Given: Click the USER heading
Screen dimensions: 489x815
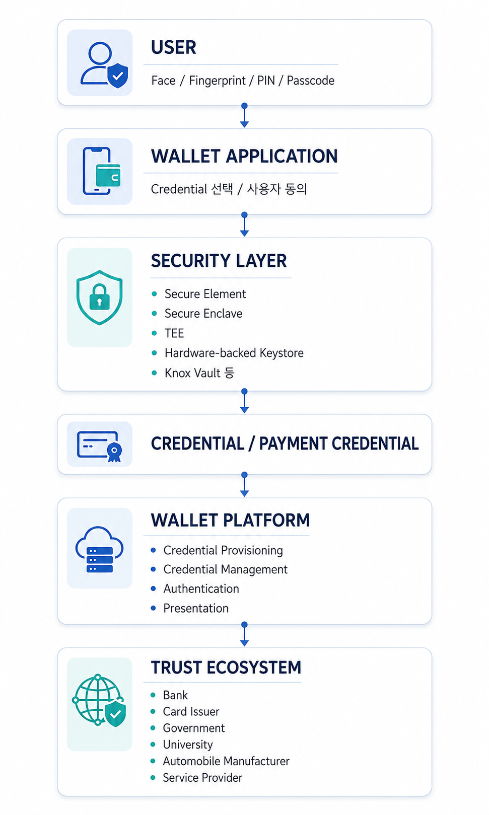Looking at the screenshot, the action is [174, 47].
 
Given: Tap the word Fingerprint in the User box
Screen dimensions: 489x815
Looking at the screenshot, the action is [217, 81].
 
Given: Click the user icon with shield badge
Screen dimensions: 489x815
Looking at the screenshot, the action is [104, 65].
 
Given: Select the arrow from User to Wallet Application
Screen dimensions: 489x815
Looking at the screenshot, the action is [244, 115].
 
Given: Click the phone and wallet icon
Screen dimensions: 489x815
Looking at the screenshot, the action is [102, 171].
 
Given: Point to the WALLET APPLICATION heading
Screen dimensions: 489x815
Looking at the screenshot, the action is [244, 156].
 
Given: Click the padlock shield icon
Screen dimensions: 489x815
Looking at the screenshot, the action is [99, 298].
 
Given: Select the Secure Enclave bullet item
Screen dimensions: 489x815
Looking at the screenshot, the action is [203, 313].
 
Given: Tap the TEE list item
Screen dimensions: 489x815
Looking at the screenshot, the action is [174, 333].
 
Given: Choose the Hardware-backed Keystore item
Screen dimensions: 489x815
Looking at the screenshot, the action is [234, 352].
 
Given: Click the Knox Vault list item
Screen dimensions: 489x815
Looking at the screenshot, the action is [199, 373].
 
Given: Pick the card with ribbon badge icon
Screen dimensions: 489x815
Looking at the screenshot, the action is [99, 446].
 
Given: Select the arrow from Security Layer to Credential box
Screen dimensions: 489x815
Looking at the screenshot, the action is [244, 401].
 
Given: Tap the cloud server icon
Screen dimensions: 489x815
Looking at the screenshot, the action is [99, 549].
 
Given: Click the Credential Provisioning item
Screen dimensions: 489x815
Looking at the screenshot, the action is [223, 550].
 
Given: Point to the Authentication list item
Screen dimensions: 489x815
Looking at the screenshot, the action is [201, 588].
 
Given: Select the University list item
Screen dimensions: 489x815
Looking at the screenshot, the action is [187, 745].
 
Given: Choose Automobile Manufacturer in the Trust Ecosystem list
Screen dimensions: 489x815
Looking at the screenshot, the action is [226, 761].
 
